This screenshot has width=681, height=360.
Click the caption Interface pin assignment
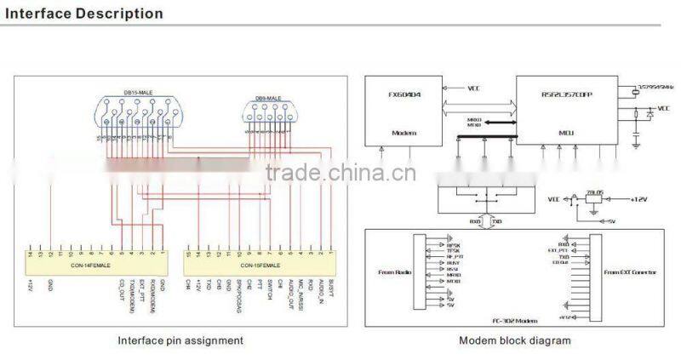coord(180,340)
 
